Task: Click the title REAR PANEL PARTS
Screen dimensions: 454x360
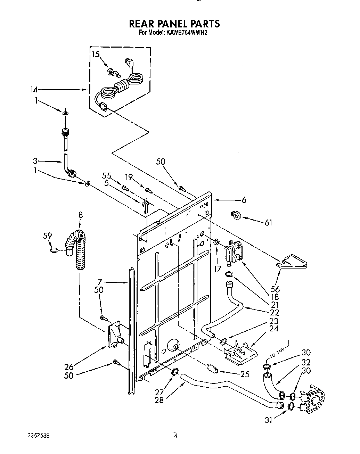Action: (174, 24)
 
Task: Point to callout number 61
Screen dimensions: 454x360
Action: (268, 223)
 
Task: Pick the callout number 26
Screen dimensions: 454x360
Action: (69, 366)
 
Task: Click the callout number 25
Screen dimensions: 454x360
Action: (245, 374)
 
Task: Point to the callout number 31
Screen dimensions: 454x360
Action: (268, 420)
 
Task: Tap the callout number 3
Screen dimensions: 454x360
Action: (35, 161)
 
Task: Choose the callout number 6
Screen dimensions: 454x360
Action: (244, 200)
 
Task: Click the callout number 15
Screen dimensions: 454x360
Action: (96, 55)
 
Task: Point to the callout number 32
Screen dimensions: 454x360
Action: (306, 363)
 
